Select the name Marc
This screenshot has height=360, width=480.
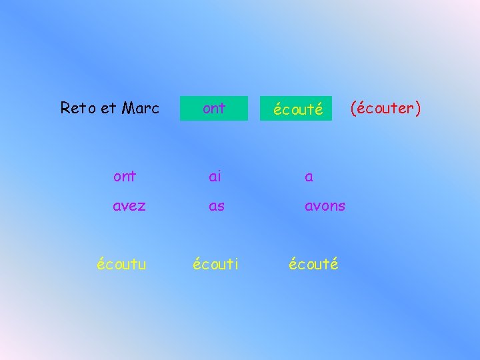[141, 108]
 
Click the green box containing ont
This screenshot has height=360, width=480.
[213, 108]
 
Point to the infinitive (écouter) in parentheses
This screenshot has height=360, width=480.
[386, 108]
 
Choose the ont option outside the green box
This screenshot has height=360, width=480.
[125, 177]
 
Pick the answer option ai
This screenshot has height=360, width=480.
[215, 177]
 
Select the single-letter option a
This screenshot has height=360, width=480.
[309, 177]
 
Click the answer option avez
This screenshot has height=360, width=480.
[129, 206]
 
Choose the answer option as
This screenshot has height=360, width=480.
[217, 206]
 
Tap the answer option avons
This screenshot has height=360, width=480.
[325, 206]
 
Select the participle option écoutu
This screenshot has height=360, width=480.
[121, 264]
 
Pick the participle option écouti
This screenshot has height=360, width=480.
[215, 264]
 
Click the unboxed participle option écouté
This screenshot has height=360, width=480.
[313, 264]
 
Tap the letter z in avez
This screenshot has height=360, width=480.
[141, 207]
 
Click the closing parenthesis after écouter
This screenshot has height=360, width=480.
[418, 108]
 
